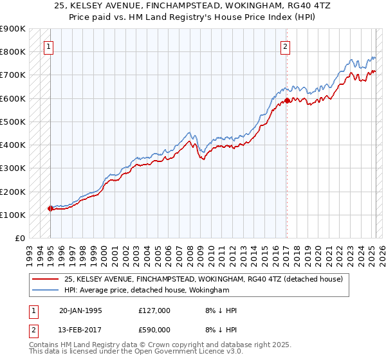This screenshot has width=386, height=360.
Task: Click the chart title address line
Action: [193, 6]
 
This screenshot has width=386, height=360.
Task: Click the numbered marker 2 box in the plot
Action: [285, 46]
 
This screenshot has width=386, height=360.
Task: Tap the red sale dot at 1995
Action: [50, 208]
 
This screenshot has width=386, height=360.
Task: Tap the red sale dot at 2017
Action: [287, 100]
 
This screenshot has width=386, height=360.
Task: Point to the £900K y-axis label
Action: [13, 29]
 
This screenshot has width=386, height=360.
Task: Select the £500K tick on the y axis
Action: [13, 122]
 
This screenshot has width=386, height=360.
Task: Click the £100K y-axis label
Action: [13, 215]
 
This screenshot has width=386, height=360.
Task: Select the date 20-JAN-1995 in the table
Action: [80, 310]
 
